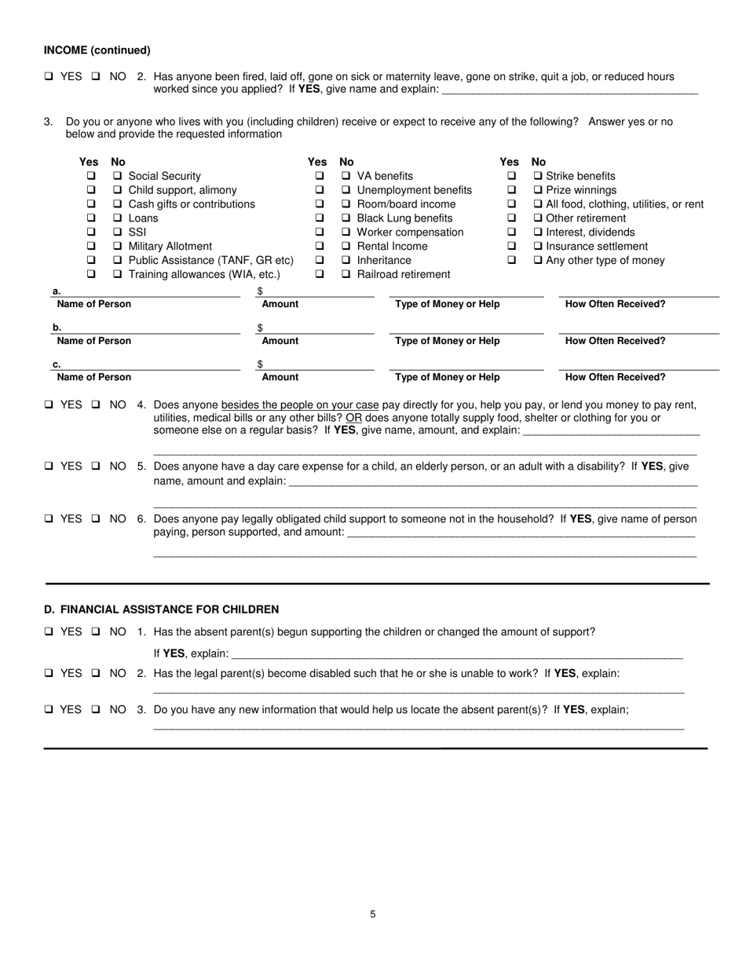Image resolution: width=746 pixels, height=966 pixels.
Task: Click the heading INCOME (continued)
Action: pyautogui.click(x=97, y=50)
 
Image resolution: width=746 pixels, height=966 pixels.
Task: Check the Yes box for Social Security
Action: pyautogui.click(x=91, y=176)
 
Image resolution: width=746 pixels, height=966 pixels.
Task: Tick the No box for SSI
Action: pyautogui.click(x=117, y=232)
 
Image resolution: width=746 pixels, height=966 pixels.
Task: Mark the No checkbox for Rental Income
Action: pyautogui.click(x=346, y=247)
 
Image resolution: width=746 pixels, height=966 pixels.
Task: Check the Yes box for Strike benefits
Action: pyautogui.click(x=512, y=176)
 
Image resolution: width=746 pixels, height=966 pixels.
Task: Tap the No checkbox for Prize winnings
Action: pyautogui.click(x=539, y=190)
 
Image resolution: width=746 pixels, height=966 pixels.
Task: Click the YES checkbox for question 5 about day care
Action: pyautogui.click(x=49, y=467)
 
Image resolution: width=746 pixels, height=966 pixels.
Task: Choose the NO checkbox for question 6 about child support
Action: pyautogui.click(x=97, y=519)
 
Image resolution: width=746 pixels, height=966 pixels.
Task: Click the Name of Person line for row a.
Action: pyautogui.click(x=149, y=292)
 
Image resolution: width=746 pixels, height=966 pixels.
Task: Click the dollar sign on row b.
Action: pyautogui.click(x=260, y=327)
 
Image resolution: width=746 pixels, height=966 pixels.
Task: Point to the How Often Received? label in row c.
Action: pyautogui.click(x=615, y=377)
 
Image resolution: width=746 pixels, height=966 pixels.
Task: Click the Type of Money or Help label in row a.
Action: pyautogui.click(x=447, y=304)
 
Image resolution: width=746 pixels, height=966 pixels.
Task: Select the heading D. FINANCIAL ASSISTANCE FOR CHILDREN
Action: pyautogui.click(x=161, y=609)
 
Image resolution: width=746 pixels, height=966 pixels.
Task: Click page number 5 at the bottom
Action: pyautogui.click(x=373, y=914)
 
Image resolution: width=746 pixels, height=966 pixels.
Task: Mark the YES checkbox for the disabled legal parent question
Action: pyautogui.click(x=49, y=674)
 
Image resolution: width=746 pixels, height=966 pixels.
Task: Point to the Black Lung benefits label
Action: pyautogui.click(x=404, y=218)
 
